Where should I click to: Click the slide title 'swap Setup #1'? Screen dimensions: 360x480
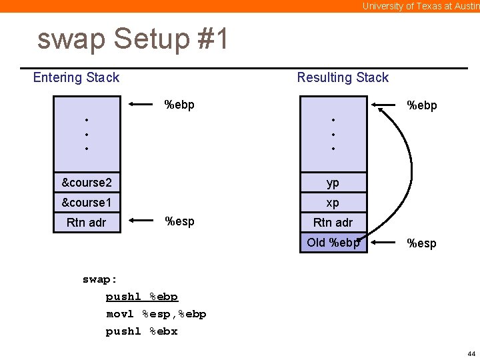coord(133,39)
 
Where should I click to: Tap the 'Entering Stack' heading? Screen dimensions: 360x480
coord(76,77)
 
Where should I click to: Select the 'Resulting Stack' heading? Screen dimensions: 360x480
coord(343,77)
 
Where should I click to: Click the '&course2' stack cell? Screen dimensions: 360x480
coord(87,182)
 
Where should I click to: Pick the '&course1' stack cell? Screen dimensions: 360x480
coord(87,202)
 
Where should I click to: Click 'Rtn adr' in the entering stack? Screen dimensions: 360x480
coord(87,222)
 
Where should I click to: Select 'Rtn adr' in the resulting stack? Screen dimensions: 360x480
coord(333,222)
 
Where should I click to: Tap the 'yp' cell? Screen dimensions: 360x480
coord(333,182)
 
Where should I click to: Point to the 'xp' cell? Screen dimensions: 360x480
coord(333,202)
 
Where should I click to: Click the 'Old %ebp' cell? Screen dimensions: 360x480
coord(333,242)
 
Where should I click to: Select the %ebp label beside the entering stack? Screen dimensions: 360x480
coord(179,104)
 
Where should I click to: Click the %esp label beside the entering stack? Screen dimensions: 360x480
coord(179,221)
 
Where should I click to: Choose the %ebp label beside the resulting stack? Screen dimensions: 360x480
coord(422,105)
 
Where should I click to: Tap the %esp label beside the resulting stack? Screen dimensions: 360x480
coord(422,243)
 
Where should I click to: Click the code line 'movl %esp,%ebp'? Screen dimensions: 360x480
coord(156,313)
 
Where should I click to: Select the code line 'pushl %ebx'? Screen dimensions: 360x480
coord(141,331)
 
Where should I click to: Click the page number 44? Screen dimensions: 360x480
coord(471,353)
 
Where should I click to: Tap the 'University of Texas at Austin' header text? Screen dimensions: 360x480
coord(420,6)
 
